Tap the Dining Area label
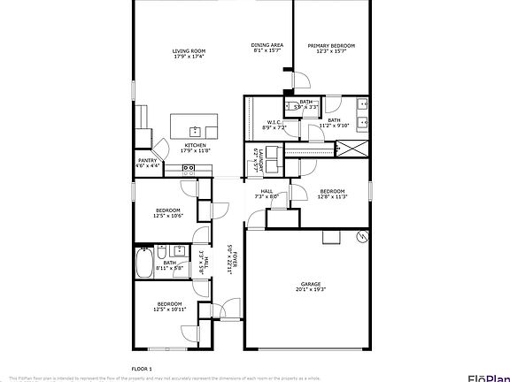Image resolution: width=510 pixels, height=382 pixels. [267, 44]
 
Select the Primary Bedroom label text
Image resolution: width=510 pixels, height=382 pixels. [331, 44]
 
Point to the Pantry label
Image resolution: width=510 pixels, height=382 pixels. [147, 159]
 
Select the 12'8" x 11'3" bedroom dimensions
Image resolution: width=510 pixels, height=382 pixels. [332, 197]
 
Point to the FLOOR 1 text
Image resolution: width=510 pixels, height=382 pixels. [142, 367]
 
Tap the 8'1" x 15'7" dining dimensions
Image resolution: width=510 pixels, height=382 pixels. [267, 50]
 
